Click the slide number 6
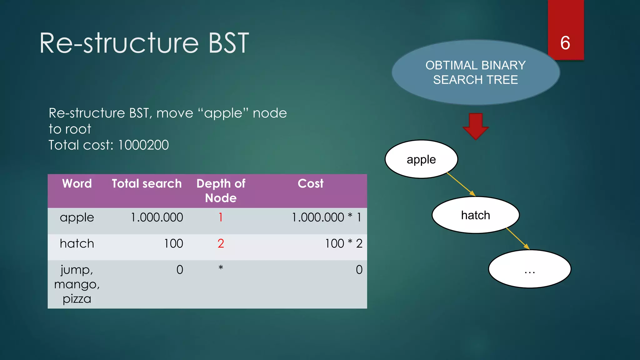click(565, 43)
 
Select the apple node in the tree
click(421, 159)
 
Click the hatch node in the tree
click(475, 215)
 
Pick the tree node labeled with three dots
click(529, 269)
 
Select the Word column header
click(77, 184)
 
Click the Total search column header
click(147, 184)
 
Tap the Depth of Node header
click(221, 191)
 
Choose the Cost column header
click(310, 184)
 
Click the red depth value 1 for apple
click(221, 217)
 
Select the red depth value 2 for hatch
click(221, 243)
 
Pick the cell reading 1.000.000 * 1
click(327, 217)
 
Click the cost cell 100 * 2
click(343, 243)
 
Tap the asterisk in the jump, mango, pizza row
click(221, 268)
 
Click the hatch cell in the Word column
click(77, 243)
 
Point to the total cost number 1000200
click(143, 145)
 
